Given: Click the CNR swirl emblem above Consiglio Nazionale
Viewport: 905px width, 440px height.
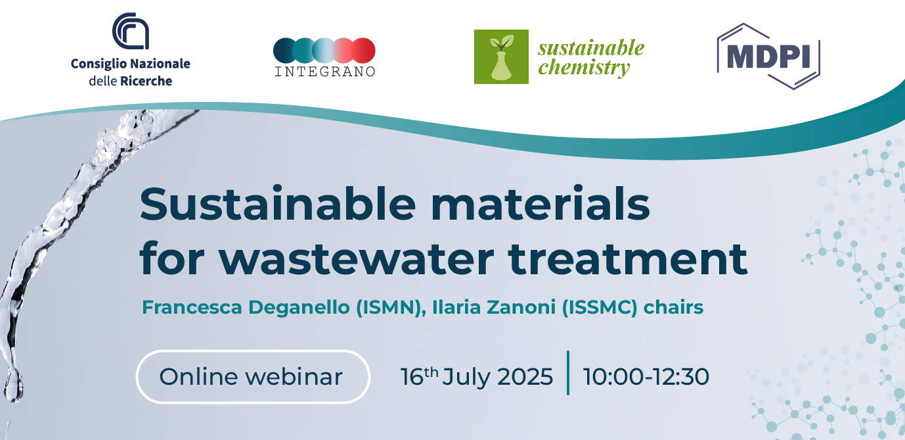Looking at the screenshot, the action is tap(131, 31).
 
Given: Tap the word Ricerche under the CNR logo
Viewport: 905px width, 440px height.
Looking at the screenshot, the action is tap(146, 81).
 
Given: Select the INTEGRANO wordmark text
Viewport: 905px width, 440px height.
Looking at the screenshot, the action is tap(325, 72).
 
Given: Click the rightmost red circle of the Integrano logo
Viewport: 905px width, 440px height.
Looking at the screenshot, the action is tap(363, 51).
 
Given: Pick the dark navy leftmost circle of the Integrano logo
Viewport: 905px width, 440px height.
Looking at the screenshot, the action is tap(285, 51).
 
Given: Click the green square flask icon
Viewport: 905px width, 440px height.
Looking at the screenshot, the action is tap(501, 57).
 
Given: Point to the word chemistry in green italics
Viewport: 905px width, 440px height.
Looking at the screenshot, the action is tap(584, 68).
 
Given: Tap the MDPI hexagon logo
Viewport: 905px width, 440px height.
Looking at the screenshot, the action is tap(768, 57).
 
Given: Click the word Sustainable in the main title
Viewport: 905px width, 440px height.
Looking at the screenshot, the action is tap(278, 204).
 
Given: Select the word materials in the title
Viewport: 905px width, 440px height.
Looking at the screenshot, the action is tap(540, 204).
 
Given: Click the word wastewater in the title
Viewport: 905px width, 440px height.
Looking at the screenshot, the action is tap(357, 258).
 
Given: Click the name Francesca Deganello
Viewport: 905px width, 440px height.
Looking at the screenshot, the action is tap(246, 307).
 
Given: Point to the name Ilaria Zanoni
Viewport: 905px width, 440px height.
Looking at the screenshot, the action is tap(494, 307).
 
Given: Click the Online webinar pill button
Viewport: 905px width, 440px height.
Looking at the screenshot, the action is tap(253, 376).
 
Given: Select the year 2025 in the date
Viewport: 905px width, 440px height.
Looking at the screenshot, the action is tap(525, 377).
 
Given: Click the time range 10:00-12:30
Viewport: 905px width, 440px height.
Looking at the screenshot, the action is tap(646, 377).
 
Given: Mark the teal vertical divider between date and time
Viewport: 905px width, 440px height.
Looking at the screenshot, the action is tap(568, 373).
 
